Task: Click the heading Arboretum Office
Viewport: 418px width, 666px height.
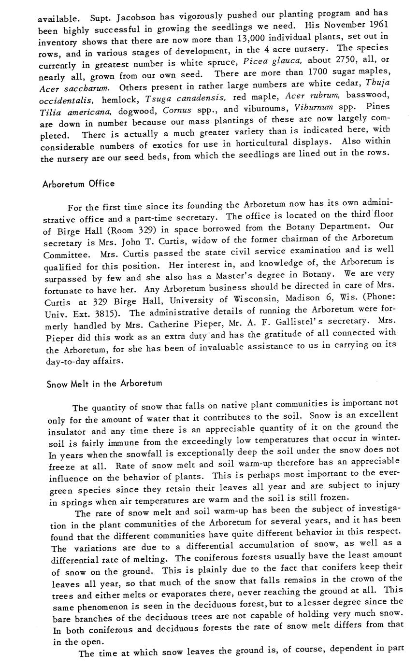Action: point(78,184)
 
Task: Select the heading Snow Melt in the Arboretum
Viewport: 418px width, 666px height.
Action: point(104,384)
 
